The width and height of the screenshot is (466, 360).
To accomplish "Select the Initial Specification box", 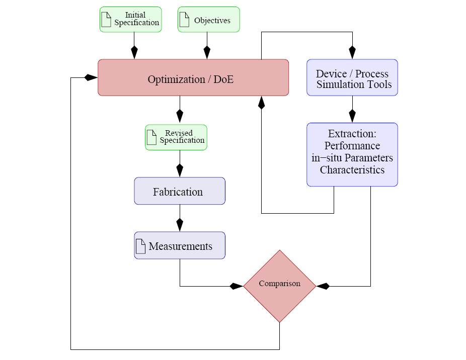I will coord(131,20).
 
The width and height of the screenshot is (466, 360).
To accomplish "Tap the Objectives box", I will coord(209,20).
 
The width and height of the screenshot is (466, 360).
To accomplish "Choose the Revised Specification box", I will coord(176,137).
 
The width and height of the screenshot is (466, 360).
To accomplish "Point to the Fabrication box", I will coord(180,191).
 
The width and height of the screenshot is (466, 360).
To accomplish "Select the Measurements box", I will coord(180,245).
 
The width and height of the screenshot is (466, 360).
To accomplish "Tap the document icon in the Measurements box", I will coord(140,246).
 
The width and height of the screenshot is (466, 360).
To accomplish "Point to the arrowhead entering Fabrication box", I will coord(180,170).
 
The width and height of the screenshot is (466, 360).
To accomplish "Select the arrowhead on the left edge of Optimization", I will coord(91,77).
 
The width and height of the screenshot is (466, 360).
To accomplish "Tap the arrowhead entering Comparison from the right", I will coord(323,286).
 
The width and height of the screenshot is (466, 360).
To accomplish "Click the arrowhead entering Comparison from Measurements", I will coord(237,286).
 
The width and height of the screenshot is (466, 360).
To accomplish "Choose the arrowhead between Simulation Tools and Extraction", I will coord(352,116).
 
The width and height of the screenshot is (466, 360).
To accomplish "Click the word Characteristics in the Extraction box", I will coord(352,170).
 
